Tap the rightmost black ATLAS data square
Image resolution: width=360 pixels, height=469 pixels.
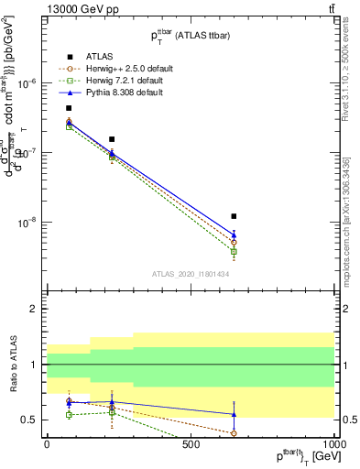(x=235, y=216)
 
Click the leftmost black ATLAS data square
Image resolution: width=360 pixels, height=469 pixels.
(x=69, y=108)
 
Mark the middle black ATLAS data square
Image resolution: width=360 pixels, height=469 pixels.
(x=112, y=139)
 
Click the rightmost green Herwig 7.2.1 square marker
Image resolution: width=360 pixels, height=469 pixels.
(x=235, y=252)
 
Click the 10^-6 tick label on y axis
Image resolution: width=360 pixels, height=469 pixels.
(x=29, y=83)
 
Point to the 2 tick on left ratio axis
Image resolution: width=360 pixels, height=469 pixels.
(x=34, y=310)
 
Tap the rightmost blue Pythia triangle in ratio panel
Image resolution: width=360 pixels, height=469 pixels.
(x=235, y=414)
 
